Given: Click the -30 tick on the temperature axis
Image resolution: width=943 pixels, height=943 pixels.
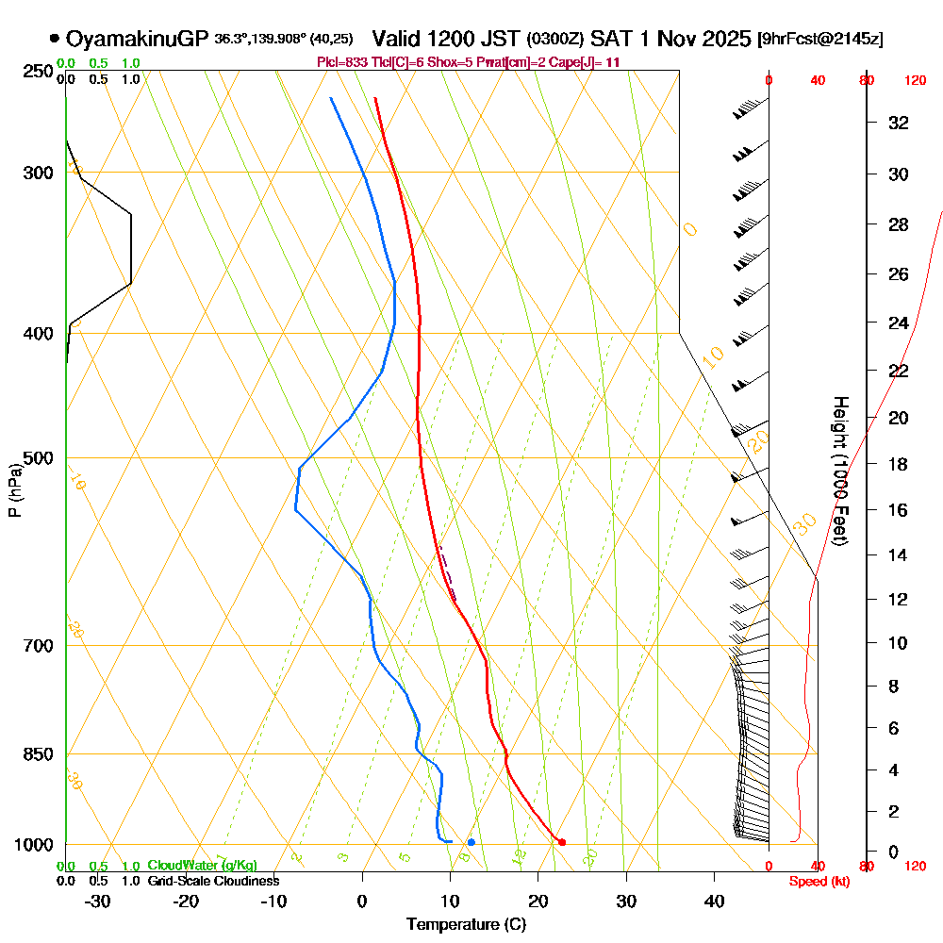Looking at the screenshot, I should point(98,902).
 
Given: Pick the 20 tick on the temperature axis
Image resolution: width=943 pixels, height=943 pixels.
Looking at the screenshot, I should point(538,902).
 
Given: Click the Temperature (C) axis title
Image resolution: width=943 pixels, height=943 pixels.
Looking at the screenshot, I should point(466,925).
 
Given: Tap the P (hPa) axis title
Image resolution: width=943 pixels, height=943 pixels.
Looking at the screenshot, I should point(14,489).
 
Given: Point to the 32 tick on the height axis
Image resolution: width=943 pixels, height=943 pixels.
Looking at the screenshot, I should point(899,123).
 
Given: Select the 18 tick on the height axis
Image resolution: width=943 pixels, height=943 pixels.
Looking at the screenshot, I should point(899,464).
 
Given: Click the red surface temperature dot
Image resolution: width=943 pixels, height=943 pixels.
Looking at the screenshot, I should point(562,842).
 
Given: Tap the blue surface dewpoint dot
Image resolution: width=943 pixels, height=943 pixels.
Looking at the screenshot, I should point(471,842).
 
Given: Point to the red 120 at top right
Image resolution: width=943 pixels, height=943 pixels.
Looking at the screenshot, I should point(914,81).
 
